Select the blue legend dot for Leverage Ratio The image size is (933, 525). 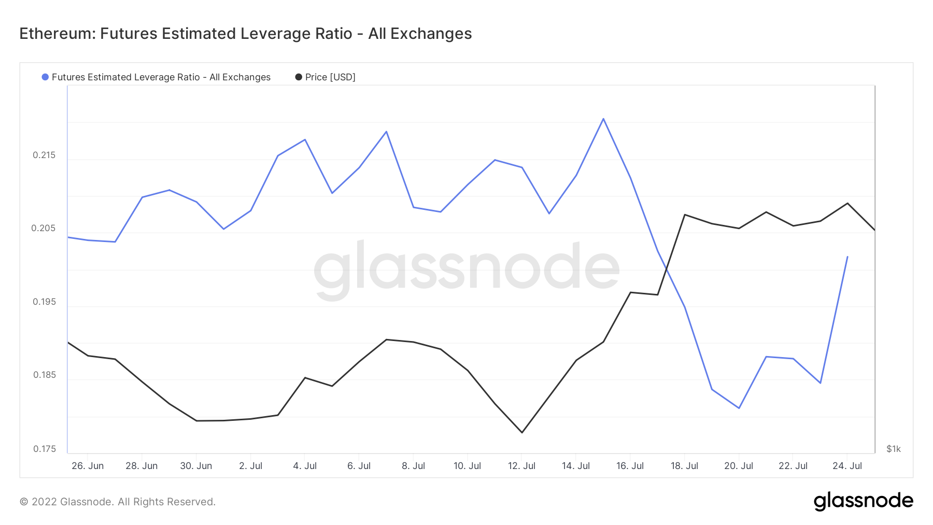(x=45, y=77)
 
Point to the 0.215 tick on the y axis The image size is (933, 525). (x=44, y=155)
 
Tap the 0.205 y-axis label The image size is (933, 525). (x=44, y=229)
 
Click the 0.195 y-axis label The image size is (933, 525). (x=44, y=302)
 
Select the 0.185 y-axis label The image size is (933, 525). (x=44, y=375)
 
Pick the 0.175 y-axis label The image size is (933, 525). (x=44, y=449)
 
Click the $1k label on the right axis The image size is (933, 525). (x=893, y=449)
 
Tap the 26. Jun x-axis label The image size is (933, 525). (x=88, y=466)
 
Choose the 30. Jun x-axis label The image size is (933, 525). (x=196, y=466)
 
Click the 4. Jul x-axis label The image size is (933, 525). (x=305, y=466)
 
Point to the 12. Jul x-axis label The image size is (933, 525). (x=521, y=466)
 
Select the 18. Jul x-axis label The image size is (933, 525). (x=684, y=466)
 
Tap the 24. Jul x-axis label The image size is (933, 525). (x=847, y=466)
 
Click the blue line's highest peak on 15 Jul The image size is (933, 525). (x=603, y=119)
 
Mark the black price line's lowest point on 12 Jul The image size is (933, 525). (x=522, y=432)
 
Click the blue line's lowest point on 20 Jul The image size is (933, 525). (x=739, y=408)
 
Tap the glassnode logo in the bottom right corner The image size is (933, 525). (x=863, y=501)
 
